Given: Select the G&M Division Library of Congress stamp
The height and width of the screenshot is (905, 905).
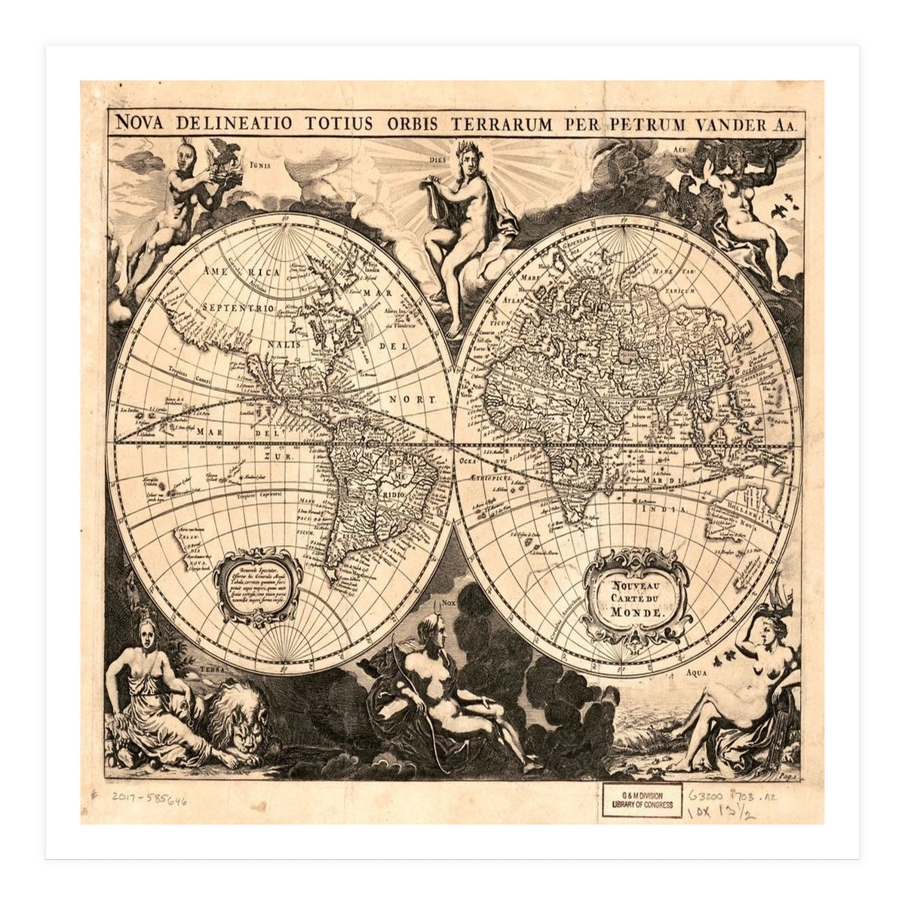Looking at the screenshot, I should click(643, 800).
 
